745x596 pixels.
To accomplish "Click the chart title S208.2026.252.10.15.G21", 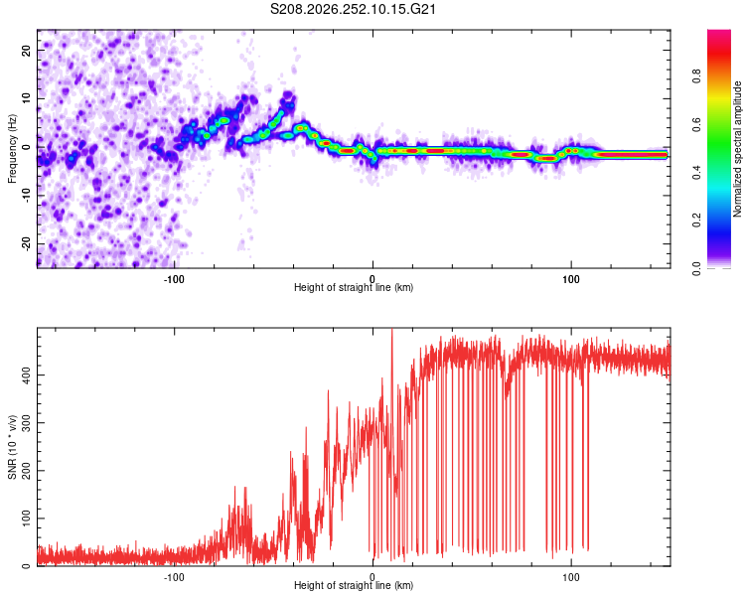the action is point(353,9).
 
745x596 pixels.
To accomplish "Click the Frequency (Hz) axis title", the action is point(12,149).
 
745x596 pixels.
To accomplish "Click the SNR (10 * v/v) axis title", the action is point(12,447).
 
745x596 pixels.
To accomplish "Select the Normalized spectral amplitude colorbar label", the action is point(737,149).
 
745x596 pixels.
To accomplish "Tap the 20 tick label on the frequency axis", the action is point(26,50).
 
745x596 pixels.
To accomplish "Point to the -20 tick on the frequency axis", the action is point(26,243).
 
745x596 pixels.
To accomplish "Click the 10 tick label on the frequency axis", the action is point(26,98).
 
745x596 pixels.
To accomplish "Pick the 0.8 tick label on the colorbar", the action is point(696,76).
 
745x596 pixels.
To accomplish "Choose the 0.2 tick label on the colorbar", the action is point(696,221).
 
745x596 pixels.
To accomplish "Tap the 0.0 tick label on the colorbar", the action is point(696,268).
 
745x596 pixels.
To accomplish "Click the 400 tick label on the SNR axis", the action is point(26,375).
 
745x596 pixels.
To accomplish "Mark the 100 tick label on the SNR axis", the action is point(26,519).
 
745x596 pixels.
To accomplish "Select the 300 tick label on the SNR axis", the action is point(26,422).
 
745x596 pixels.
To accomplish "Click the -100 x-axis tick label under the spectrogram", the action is point(174,279).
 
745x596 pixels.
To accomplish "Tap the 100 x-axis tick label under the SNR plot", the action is point(570,577).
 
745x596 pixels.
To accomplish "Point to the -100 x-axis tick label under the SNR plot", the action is point(174,577).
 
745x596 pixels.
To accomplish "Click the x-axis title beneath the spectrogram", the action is point(354,287).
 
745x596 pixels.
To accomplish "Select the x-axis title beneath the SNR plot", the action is point(354,585).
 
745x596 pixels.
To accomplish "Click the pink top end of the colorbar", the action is point(719,33).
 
